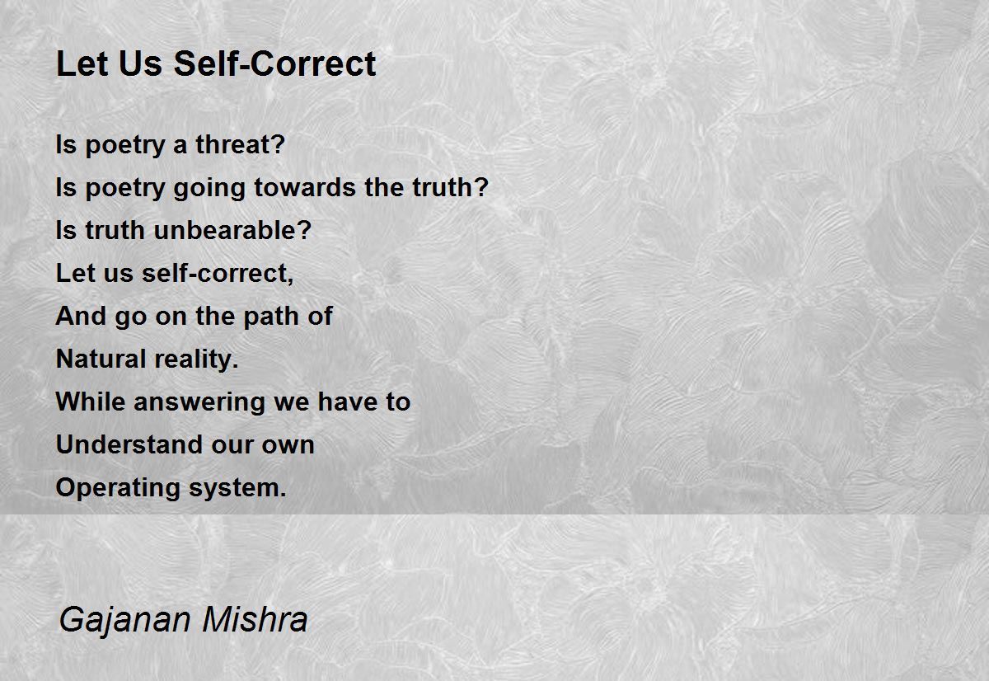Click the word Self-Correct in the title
(274, 63)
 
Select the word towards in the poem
(305, 187)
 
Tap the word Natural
(101, 359)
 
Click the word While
(91, 402)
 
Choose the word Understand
(129, 444)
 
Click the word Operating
(118, 488)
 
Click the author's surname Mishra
(255, 619)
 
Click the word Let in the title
(82, 63)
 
